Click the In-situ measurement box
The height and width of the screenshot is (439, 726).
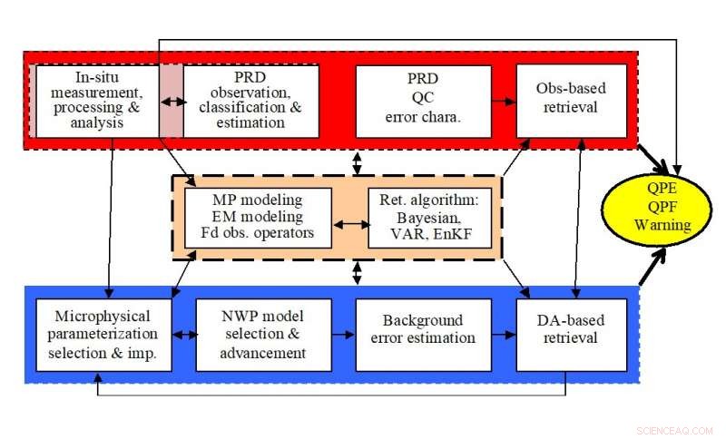[x=96, y=101]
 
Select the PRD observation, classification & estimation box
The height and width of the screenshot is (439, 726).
[x=251, y=101]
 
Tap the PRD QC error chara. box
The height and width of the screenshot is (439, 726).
[x=410, y=101]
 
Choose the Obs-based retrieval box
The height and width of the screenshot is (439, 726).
[x=571, y=101]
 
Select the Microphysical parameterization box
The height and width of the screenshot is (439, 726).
[x=104, y=335]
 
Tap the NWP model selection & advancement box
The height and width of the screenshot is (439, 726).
[x=262, y=335]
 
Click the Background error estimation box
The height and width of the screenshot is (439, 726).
[x=415, y=335]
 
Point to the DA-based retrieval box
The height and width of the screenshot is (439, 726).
[x=571, y=335]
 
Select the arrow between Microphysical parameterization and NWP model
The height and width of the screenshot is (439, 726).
[x=184, y=335]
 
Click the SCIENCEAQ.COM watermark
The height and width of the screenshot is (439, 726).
[x=675, y=430]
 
